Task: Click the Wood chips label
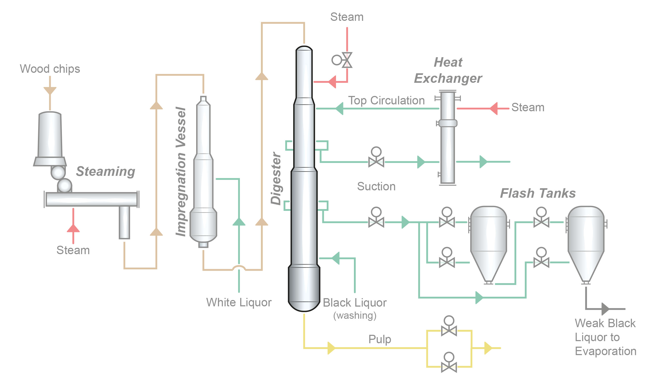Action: coord(50,69)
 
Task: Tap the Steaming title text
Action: coord(106,172)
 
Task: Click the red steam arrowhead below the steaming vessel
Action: coord(73,229)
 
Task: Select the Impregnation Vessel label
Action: coord(181,172)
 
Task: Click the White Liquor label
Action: coord(239,302)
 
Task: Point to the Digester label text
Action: coord(276,178)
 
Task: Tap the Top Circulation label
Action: coord(386,100)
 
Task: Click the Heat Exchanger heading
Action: coord(448,70)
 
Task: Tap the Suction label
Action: coord(376,186)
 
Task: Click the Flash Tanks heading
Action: coord(538,193)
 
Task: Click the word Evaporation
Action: coord(606,351)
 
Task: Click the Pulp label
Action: coord(380,339)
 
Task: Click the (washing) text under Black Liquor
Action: coord(355,316)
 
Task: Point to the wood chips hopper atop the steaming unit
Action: coord(50,135)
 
